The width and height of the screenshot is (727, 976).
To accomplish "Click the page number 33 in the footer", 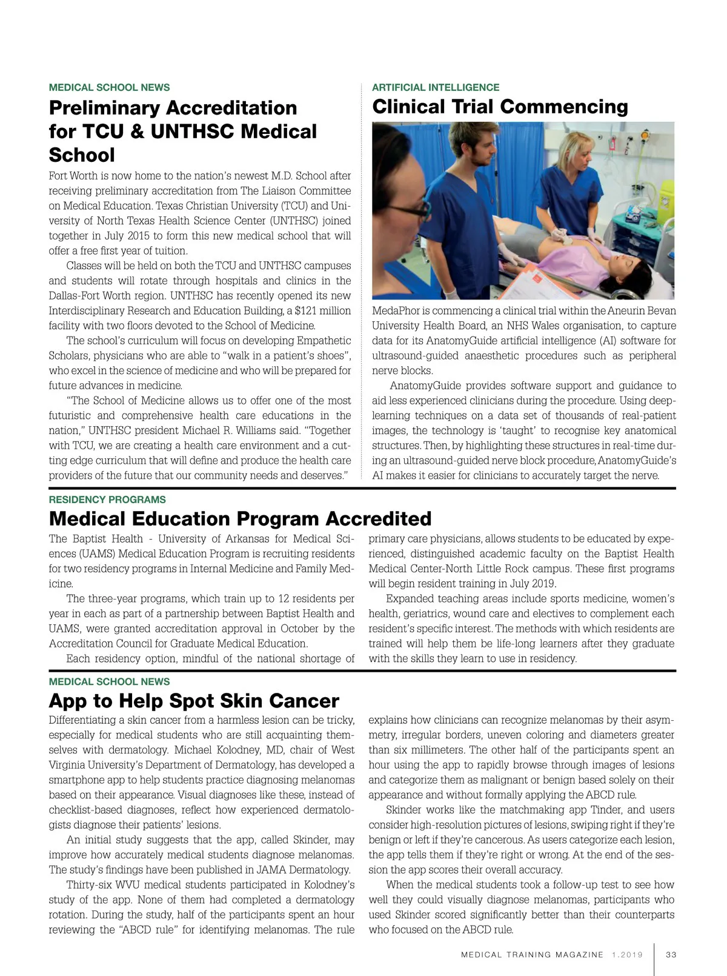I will pyautogui.click(x=671, y=955).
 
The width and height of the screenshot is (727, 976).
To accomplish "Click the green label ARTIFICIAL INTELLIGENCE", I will pyautogui.click(x=436, y=87).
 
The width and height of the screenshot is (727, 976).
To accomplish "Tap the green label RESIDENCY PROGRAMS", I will pyautogui.click(x=107, y=500).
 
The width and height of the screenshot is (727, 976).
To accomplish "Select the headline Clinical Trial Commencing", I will pyautogui.click(x=500, y=107).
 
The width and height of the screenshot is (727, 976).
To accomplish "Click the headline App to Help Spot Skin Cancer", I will pyautogui.click(x=194, y=701).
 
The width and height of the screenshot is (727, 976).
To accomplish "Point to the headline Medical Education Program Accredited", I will pyautogui.click(x=240, y=519).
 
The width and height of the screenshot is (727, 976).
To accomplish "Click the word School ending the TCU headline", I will pyautogui.click(x=82, y=155).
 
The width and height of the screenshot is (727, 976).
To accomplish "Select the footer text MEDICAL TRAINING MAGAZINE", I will pyautogui.click(x=532, y=955).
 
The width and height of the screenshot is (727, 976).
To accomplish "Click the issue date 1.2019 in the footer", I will pyautogui.click(x=627, y=955).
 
